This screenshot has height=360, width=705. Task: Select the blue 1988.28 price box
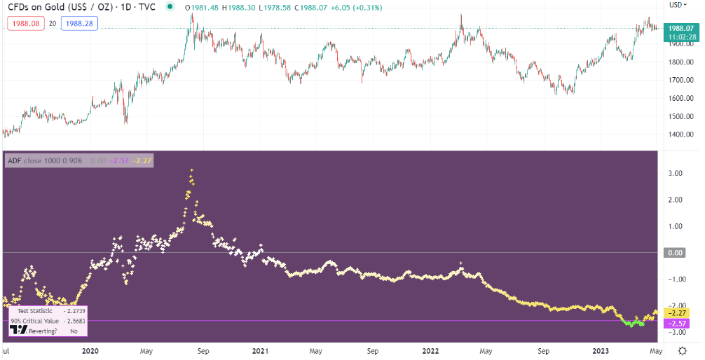click(78, 23)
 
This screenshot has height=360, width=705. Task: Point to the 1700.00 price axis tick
click(681, 81)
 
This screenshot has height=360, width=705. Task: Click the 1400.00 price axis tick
click(681, 135)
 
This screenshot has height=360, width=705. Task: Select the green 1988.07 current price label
click(681, 27)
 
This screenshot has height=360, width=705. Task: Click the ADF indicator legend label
click(45, 160)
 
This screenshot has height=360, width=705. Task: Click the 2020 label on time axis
click(90, 350)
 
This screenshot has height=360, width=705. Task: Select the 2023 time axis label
click(601, 350)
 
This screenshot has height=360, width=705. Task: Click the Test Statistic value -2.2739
click(73, 311)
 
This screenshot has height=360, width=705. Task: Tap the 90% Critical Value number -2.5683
click(73, 321)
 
